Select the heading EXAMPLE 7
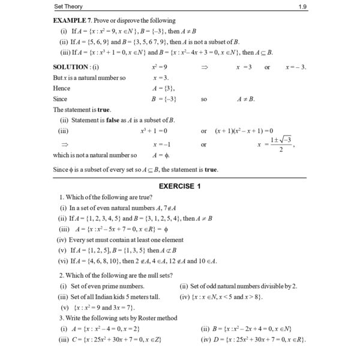click(x=74, y=20)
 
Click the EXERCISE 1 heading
click(x=180, y=186)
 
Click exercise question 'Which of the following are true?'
click(x=100, y=197)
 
